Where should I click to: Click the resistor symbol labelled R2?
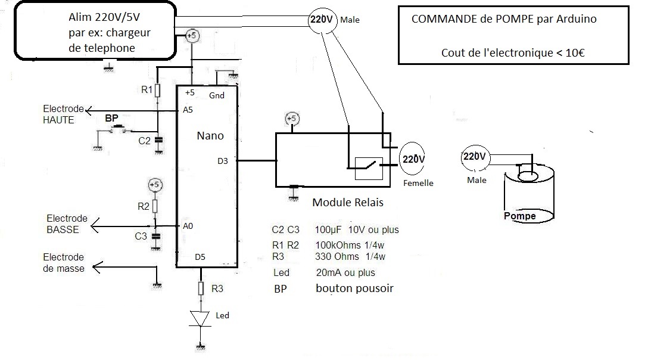[155, 206]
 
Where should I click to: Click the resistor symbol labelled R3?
[202, 288]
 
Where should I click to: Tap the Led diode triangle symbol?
[202, 318]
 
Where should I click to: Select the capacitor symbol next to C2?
[158, 141]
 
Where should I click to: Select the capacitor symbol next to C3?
[155, 236]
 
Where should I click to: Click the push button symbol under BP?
[118, 128]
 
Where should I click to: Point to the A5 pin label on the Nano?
[188, 110]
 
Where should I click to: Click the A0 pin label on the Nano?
[188, 226]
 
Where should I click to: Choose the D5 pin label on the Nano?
[200, 257]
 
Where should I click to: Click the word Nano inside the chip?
[210, 136]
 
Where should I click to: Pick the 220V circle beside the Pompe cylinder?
[474, 157]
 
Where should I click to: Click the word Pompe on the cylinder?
[520, 216]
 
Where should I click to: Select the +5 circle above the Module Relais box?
[292, 119]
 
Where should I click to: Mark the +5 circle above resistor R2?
[154, 184]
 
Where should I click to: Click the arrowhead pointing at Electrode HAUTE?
[88, 110]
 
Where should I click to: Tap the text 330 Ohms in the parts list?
[337, 257]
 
